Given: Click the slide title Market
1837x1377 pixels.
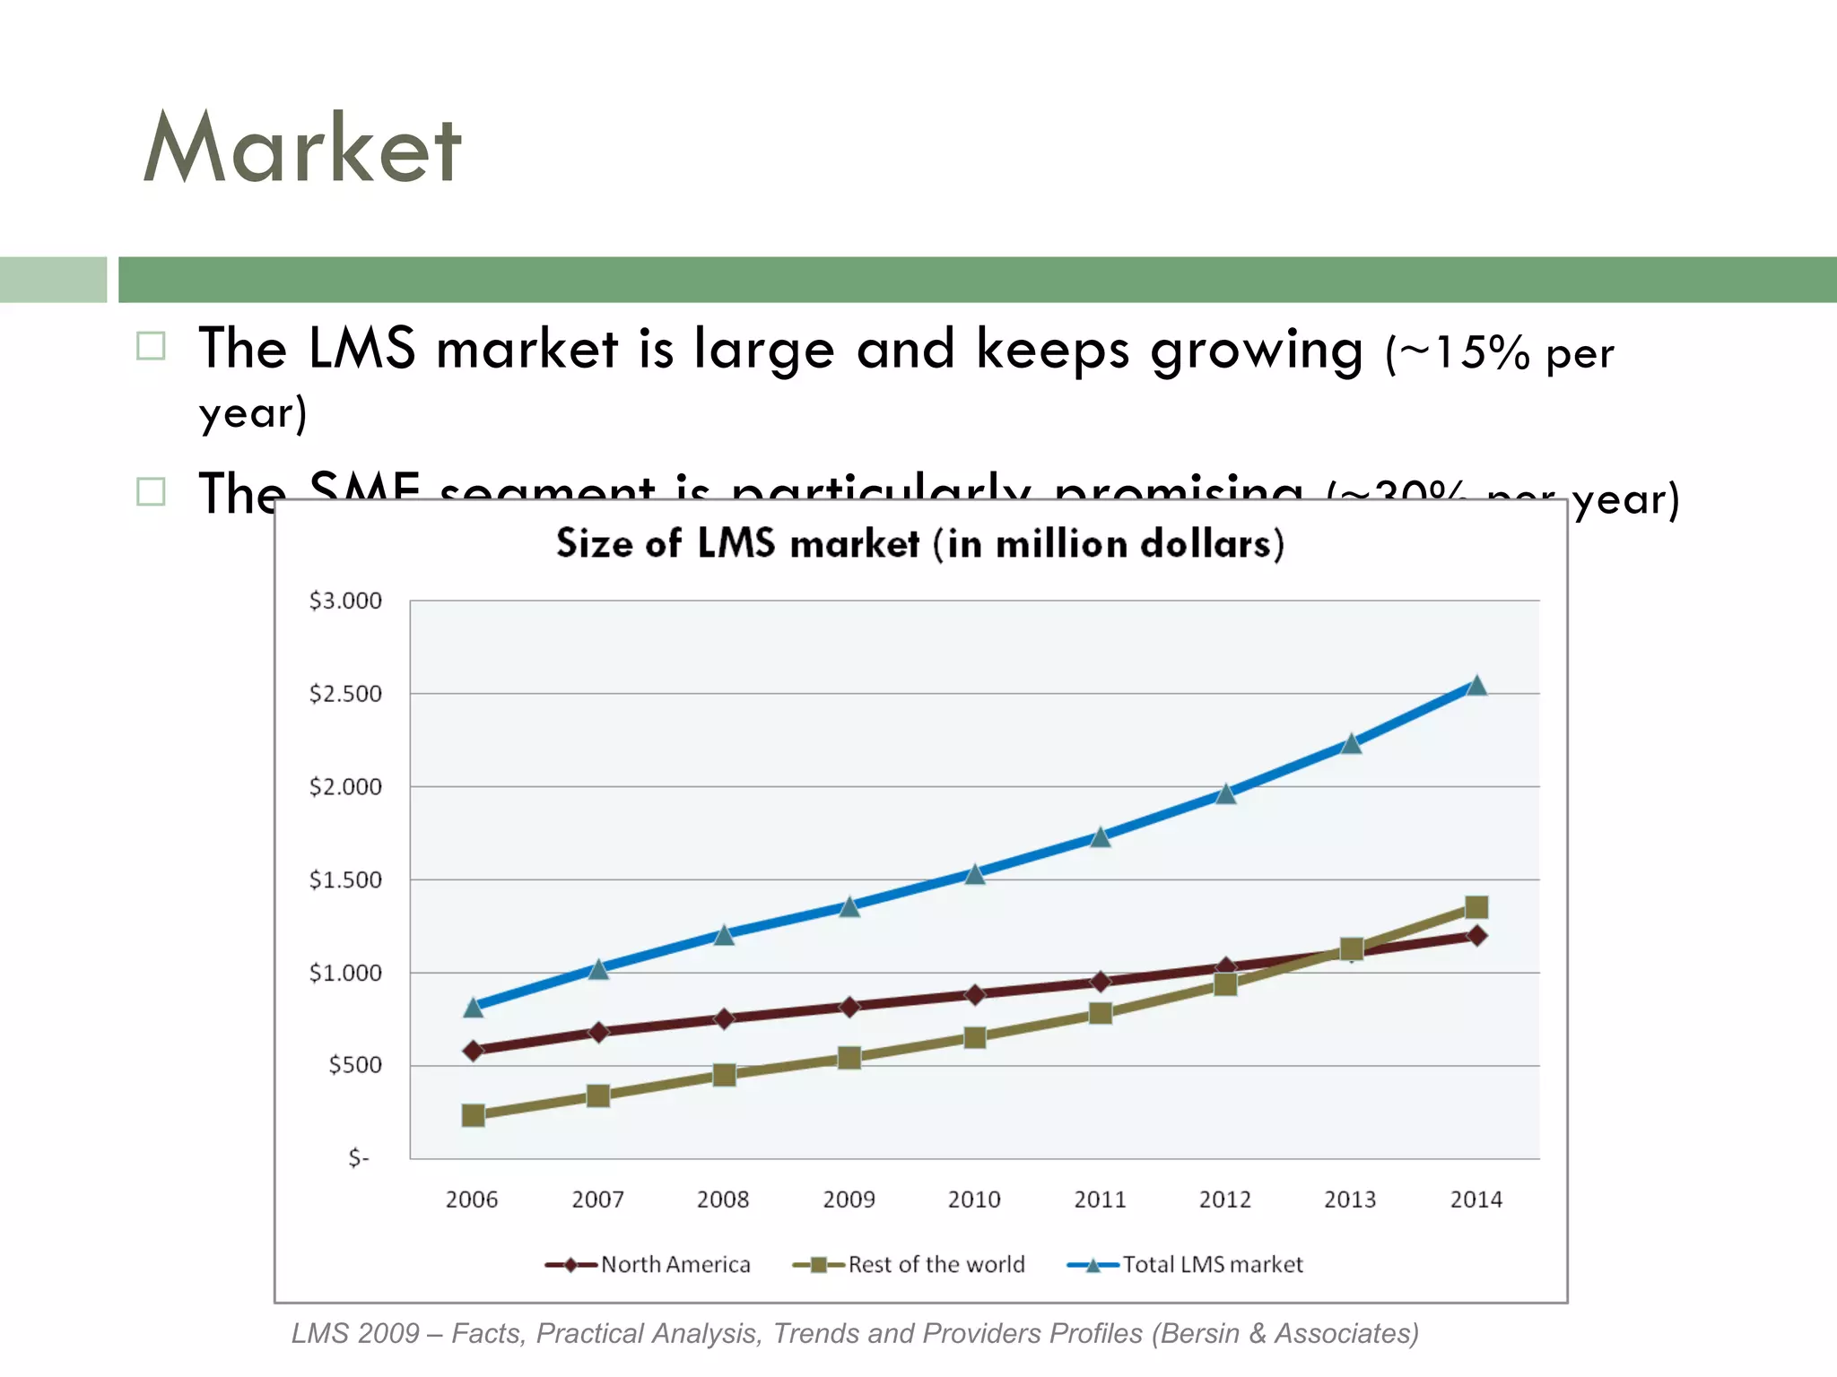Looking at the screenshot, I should [x=302, y=148].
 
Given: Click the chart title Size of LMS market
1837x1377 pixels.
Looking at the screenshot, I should [x=919, y=544].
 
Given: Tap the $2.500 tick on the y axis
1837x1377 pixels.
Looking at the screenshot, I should [x=345, y=694].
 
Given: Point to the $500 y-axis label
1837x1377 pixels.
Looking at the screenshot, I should [x=354, y=1065].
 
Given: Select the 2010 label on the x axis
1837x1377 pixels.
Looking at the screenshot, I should [x=974, y=1199].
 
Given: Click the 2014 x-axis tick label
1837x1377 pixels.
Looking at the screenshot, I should [x=1476, y=1199].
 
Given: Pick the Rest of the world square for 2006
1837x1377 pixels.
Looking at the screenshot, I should [x=474, y=1115].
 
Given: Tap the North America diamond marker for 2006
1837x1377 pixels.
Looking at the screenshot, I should [x=474, y=1051].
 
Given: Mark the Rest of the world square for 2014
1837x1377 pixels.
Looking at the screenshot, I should [x=1476, y=907].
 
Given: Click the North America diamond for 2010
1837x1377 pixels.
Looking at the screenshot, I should [x=975, y=994].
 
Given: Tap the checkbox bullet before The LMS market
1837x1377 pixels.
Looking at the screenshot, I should [x=151, y=346].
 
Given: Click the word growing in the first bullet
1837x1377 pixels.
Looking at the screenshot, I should [x=1256, y=350].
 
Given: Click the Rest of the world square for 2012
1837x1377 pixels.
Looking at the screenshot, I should [x=1225, y=984].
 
